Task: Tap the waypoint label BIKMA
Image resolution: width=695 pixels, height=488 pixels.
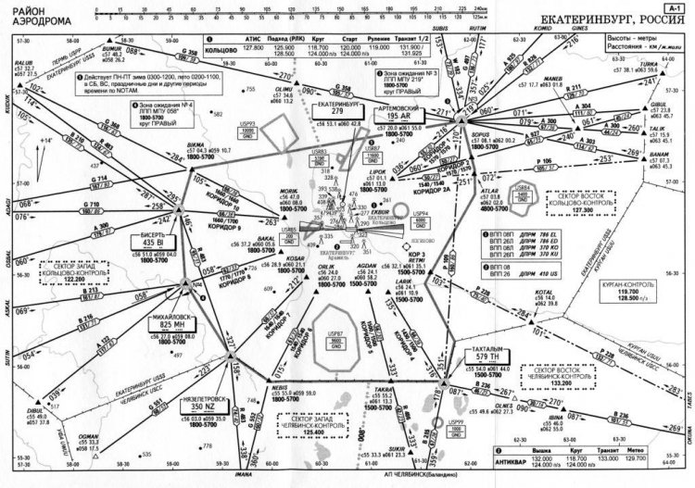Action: click(196, 145)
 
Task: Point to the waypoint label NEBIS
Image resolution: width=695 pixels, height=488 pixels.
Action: click(279, 386)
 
